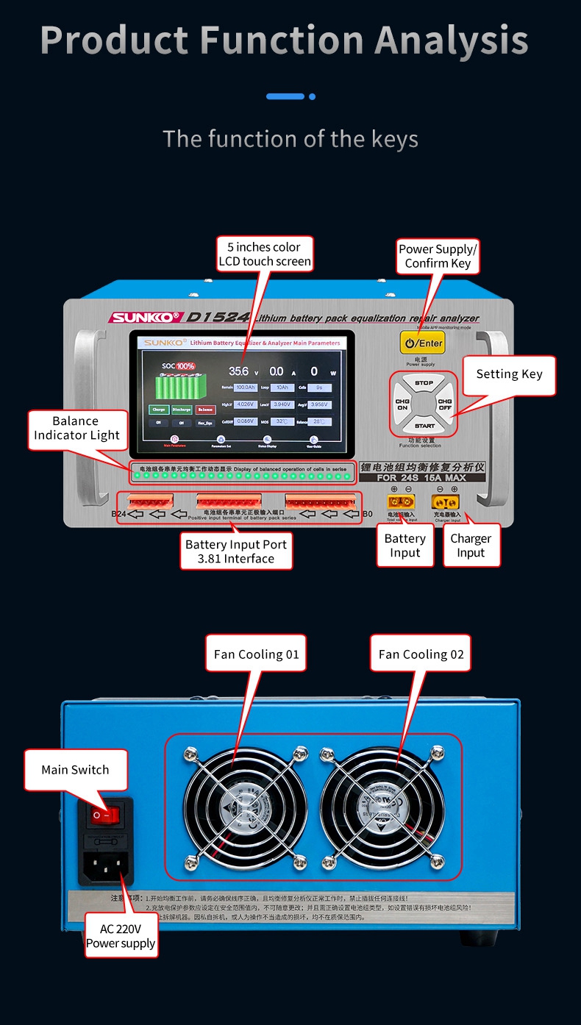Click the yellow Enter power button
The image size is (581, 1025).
422,343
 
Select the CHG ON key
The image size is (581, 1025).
402,404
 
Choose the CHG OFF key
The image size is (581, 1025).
445,404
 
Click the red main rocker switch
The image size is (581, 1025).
104,815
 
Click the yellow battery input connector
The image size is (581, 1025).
401,502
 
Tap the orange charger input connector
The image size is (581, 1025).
445,502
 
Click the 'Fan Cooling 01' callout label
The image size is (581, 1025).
256,654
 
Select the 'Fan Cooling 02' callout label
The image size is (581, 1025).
421,654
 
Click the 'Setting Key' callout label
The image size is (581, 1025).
509,374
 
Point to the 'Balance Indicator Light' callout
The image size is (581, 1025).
76,428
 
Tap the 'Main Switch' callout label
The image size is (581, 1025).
75,770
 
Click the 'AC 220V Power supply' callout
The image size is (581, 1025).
121,936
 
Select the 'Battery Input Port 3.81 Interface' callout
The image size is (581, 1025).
236,551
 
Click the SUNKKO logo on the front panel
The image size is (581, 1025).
145,318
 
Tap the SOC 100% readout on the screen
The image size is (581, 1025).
178,365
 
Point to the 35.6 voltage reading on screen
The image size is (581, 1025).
238,372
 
